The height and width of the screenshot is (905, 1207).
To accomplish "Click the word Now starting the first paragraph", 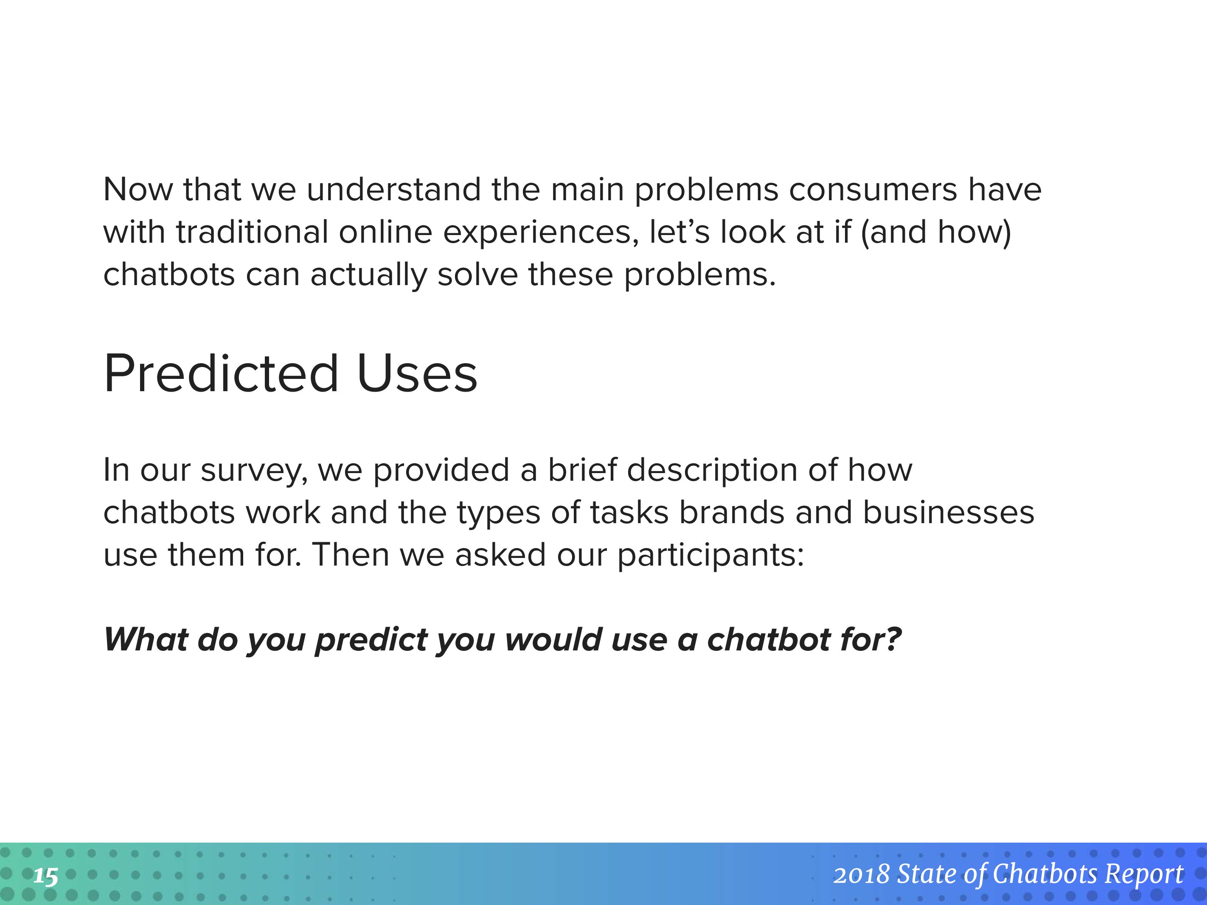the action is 138,190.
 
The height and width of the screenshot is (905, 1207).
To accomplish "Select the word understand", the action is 393,190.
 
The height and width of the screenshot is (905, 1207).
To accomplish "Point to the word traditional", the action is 252,232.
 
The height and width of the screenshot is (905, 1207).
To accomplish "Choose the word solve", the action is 477,275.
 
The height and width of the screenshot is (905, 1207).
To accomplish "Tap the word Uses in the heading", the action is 418,374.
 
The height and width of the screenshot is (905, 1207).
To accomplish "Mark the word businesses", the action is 949,513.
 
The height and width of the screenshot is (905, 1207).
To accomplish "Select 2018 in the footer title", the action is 862,875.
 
